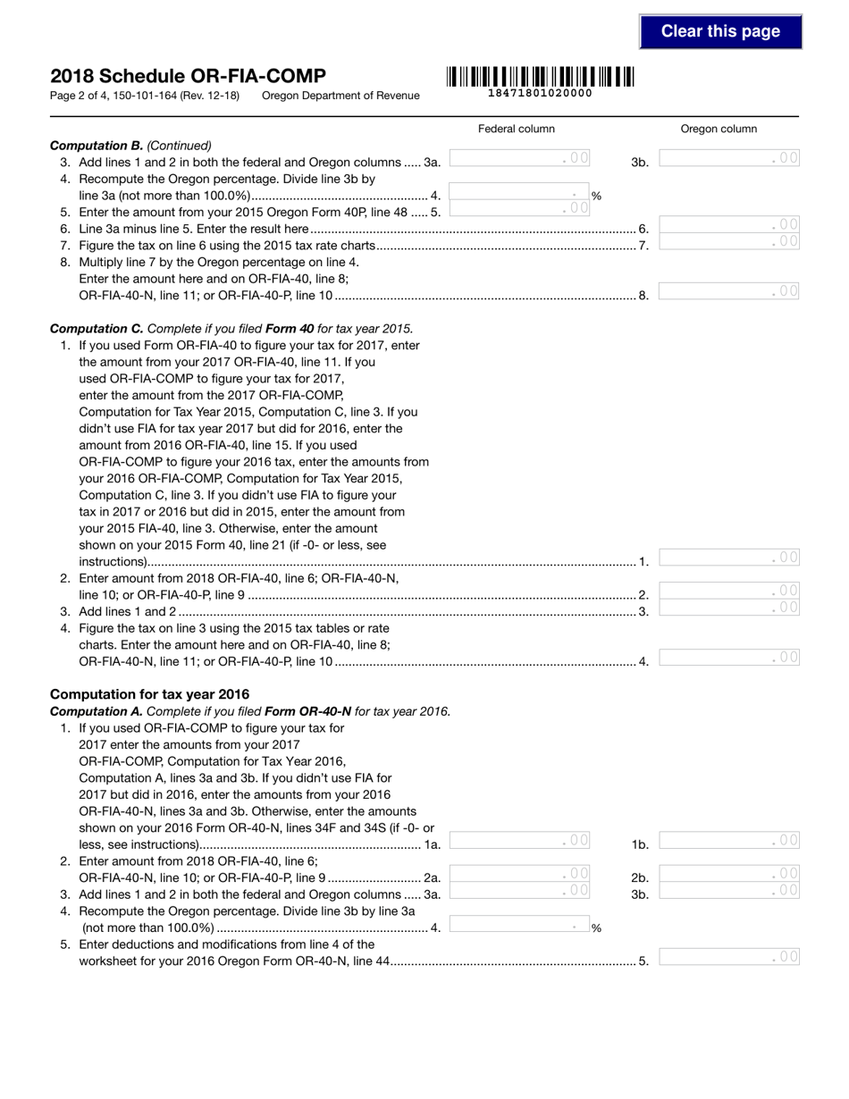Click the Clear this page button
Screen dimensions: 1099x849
pyautogui.click(x=720, y=31)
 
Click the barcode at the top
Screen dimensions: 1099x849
pyautogui.click(x=540, y=77)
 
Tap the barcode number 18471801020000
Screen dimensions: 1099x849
pyautogui.click(x=540, y=93)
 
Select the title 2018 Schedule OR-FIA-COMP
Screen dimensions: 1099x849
pyautogui.click(x=188, y=76)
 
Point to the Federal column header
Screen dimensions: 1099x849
pyautogui.click(x=517, y=129)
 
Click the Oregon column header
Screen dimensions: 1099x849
pyautogui.click(x=719, y=129)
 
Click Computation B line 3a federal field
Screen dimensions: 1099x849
pyautogui.click(x=519, y=159)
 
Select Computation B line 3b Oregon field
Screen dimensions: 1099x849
pyautogui.click(x=729, y=159)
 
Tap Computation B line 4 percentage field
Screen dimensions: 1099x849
pyautogui.click(x=518, y=193)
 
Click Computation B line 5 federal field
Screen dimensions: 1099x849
pyautogui.click(x=519, y=209)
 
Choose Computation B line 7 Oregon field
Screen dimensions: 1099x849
pyautogui.click(x=729, y=241)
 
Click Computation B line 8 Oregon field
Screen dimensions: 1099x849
pyautogui.click(x=729, y=291)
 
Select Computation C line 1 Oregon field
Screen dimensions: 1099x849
pyautogui.click(x=729, y=558)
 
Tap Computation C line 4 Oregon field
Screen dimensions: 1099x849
pyautogui.click(x=729, y=658)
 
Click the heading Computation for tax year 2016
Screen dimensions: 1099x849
pyautogui.click(x=150, y=694)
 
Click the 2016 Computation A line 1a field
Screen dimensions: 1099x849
pyautogui.click(x=519, y=840)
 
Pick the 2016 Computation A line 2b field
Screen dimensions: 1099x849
pyautogui.click(x=729, y=874)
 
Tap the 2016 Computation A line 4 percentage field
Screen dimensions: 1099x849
pyautogui.click(x=518, y=926)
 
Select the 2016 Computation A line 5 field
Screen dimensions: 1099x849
pyautogui.click(x=729, y=957)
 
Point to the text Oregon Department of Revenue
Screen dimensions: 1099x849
pyautogui.click(x=340, y=96)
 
